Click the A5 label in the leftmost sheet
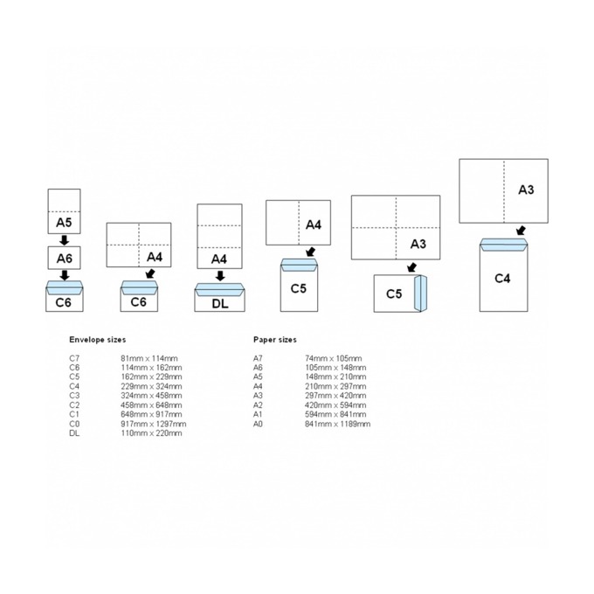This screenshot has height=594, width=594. pyautogui.click(x=64, y=223)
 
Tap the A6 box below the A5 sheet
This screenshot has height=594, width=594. pyautogui.click(x=64, y=258)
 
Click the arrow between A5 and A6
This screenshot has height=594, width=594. pyautogui.click(x=65, y=240)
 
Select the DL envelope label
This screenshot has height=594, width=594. pyautogui.click(x=220, y=303)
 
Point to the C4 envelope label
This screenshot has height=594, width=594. pyautogui.click(x=502, y=279)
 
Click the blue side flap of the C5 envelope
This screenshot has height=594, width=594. pyautogui.click(x=420, y=294)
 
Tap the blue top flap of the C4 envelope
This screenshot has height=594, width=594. pyautogui.click(x=503, y=245)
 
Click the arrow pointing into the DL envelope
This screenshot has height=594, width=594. pyautogui.click(x=220, y=276)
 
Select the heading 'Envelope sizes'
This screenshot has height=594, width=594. pyautogui.click(x=97, y=340)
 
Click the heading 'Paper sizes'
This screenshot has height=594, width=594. pyautogui.click(x=274, y=340)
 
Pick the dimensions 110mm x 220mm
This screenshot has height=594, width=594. pyautogui.click(x=151, y=433)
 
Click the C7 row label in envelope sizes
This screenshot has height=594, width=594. pyautogui.click(x=74, y=358)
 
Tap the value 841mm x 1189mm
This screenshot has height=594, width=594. pyautogui.click(x=337, y=424)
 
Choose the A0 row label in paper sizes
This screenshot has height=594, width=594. pyautogui.click(x=258, y=424)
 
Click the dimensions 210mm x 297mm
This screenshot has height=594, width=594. pyautogui.click(x=335, y=386)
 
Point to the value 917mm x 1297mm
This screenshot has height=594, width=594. pyautogui.click(x=154, y=424)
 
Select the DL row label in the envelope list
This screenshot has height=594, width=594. pyautogui.click(x=74, y=433)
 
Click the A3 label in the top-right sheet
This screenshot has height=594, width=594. pyautogui.click(x=526, y=190)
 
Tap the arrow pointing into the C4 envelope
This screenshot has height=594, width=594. pyautogui.click(x=521, y=231)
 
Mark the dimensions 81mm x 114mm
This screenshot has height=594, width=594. pyautogui.click(x=148, y=358)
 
